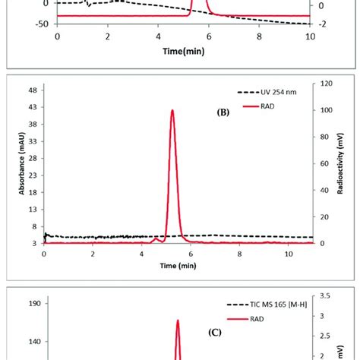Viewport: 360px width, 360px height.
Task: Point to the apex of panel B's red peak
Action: (172, 111)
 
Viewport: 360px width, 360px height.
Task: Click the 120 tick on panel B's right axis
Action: (324, 84)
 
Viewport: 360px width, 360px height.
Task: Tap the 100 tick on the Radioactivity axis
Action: (324, 111)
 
